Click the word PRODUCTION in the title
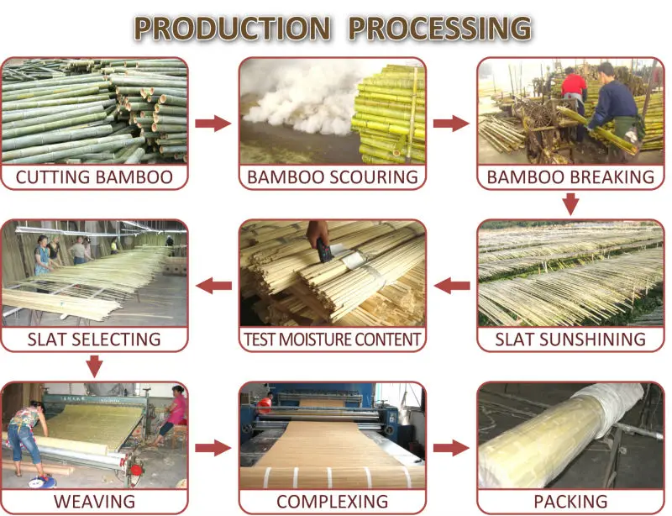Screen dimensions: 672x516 click(x=233, y=29)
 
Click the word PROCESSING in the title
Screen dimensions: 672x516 click(x=439, y=29)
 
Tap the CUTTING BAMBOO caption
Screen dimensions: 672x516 click(x=94, y=177)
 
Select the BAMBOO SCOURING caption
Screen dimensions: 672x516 click(x=333, y=177)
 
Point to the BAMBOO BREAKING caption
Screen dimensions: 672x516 click(x=570, y=177)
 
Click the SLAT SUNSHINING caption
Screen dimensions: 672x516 click(x=570, y=340)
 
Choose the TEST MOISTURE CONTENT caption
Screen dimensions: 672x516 click(x=333, y=340)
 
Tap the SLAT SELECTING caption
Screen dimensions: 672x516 click(x=94, y=340)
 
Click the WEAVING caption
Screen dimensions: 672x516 click(x=94, y=502)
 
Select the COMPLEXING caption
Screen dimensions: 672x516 click(x=333, y=502)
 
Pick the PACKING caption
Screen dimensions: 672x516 click(x=570, y=502)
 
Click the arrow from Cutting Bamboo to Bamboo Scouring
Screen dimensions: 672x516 click(x=213, y=124)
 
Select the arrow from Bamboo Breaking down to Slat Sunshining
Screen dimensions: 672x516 click(x=570, y=204)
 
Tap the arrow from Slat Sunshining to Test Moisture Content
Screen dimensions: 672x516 click(x=452, y=286)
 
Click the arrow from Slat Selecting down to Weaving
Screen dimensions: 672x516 click(x=94, y=366)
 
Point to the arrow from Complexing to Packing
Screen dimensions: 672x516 click(x=451, y=448)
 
